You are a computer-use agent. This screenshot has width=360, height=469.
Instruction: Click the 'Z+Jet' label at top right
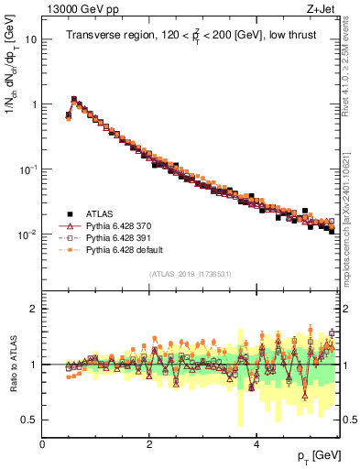[x=319, y=10]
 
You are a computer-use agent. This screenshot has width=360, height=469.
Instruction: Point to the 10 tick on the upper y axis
[x=31, y=40]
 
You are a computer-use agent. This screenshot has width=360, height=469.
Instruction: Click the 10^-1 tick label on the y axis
[x=28, y=169]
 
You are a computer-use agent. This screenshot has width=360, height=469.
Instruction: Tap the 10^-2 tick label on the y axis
[x=28, y=234]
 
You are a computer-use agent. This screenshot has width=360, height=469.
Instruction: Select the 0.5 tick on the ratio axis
[x=28, y=420]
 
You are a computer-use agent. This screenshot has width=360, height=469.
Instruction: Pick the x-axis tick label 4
[x=256, y=442]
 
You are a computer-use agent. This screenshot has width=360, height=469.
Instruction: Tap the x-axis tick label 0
[x=43, y=442]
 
